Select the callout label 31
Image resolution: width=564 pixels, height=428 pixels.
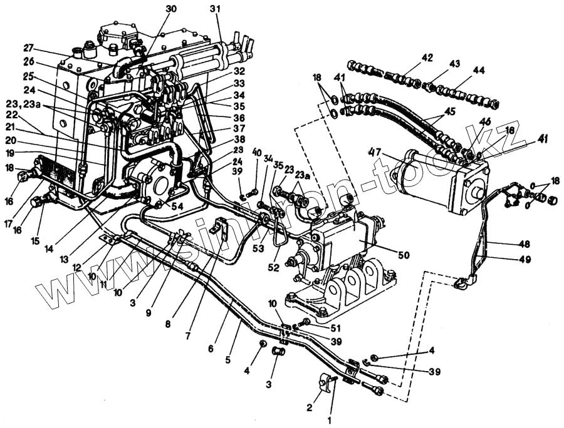click(x=215, y=9)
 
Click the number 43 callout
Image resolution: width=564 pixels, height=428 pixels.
click(x=454, y=64)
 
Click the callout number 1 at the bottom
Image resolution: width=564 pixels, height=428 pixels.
click(x=330, y=420)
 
